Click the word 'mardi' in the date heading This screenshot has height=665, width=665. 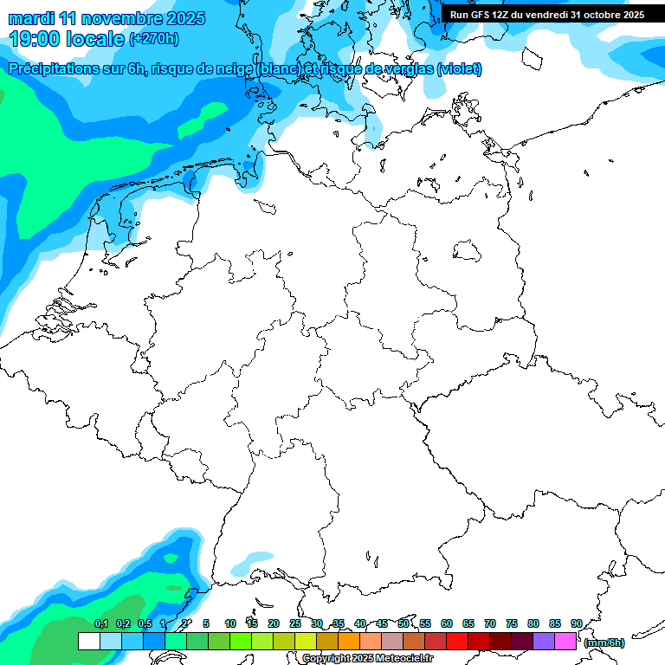point(31,18)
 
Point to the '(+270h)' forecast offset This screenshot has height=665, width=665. point(153,39)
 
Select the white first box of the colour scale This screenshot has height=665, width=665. point(88,642)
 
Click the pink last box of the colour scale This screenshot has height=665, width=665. point(565,642)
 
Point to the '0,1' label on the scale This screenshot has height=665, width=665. point(101,624)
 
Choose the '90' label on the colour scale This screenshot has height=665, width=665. point(576,624)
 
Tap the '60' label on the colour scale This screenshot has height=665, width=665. point(447,624)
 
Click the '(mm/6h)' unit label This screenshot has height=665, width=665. point(604,642)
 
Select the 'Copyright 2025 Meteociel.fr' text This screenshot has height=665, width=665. point(367,658)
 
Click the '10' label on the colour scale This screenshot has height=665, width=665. point(230,624)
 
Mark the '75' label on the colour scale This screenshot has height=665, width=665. point(512,624)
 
